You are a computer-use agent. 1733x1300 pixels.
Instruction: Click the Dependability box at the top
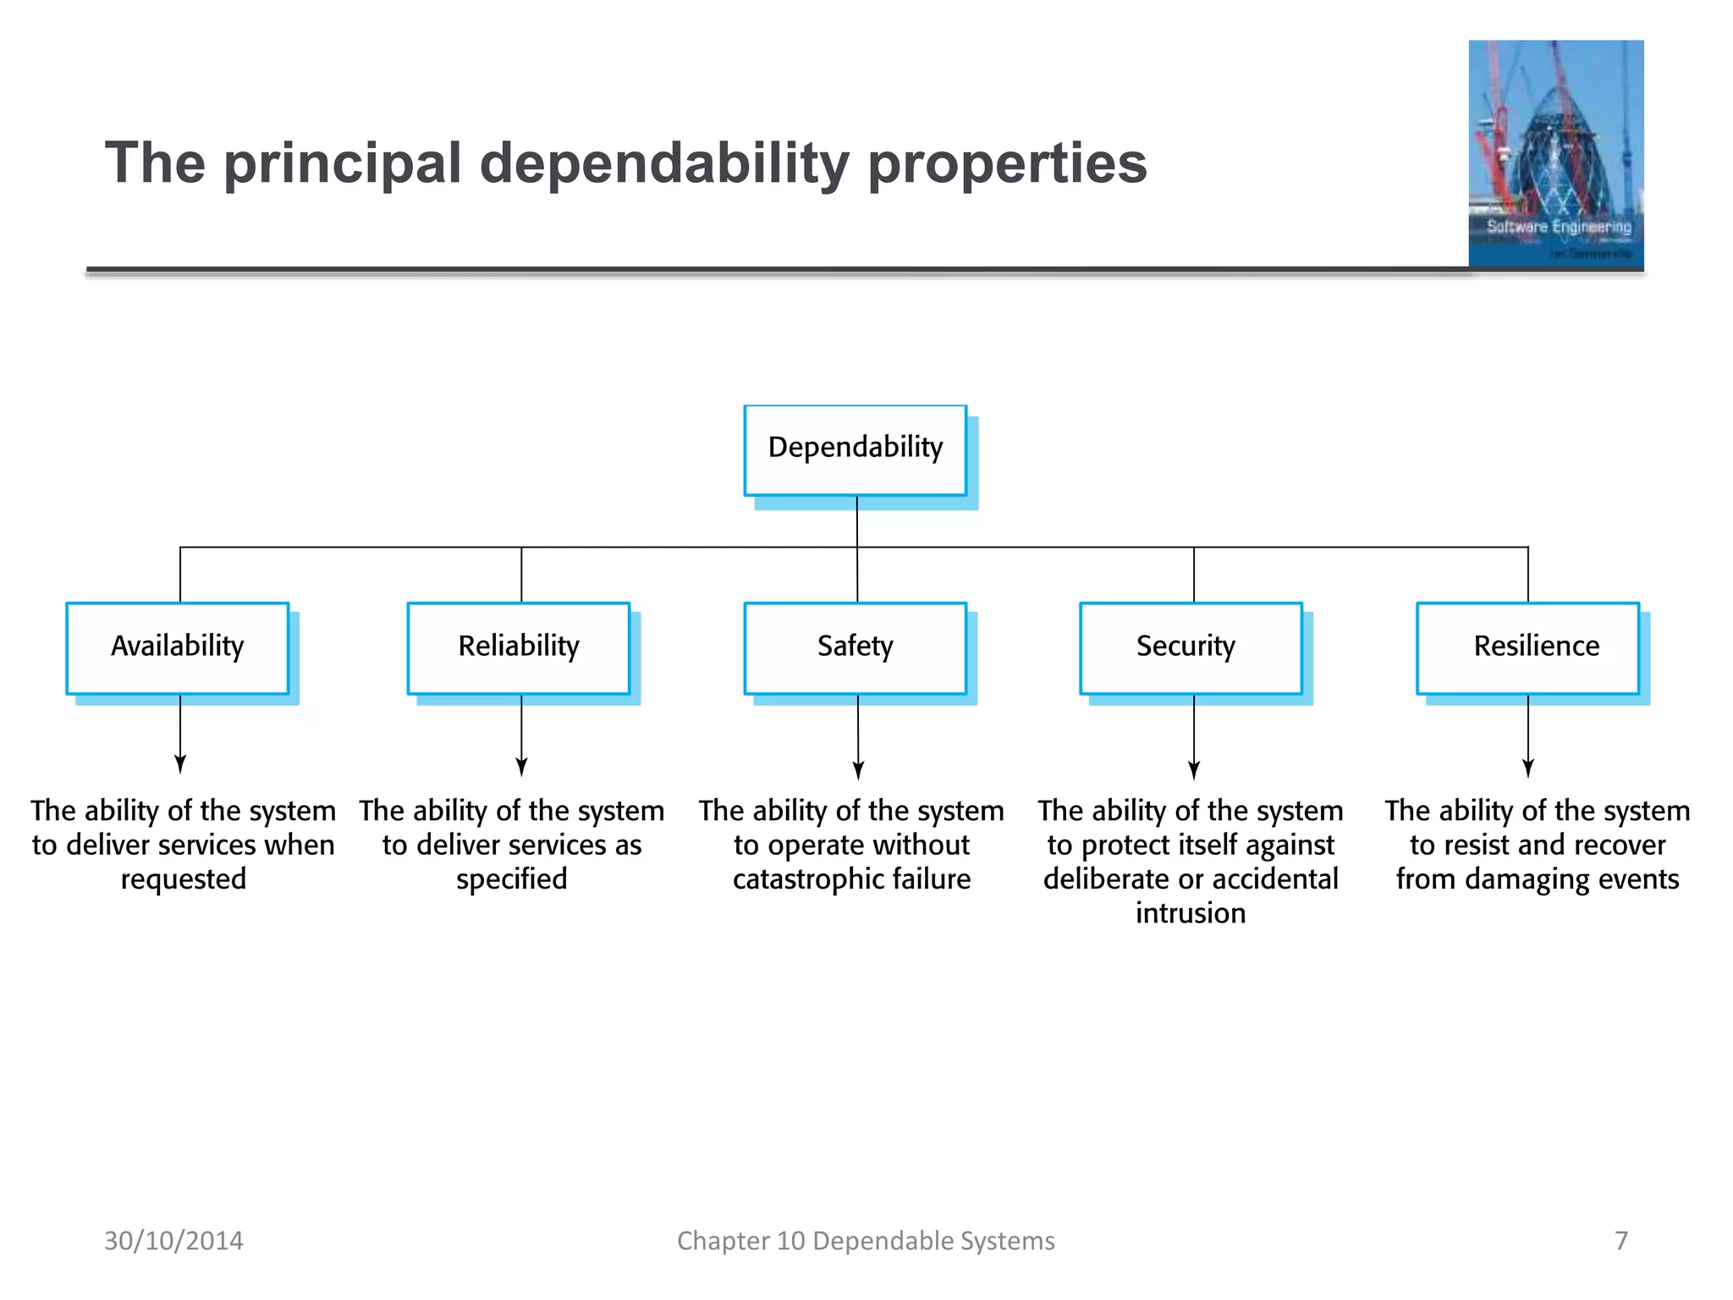click(x=855, y=449)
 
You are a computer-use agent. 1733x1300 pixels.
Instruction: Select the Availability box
click(x=178, y=647)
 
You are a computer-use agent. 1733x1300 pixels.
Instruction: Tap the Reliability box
click(x=519, y=647)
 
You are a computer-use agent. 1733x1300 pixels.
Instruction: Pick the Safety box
click(x=855, y=647)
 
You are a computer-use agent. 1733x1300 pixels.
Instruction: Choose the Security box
click(x=1191, y=647)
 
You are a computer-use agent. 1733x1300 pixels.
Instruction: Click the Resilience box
click(x=1527, y=647)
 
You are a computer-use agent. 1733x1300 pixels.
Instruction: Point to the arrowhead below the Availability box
click(x=180, y=764)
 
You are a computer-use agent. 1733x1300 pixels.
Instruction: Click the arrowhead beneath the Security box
click(x=1194, y=769)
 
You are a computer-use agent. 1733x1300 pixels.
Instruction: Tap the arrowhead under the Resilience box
click(x=1528, y=768)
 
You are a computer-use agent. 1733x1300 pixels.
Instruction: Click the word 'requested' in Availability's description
click(x=184, y=879)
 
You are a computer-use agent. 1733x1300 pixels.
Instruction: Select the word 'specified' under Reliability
click(x=512, y=879)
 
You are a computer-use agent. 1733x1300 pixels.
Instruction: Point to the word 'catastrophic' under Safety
click(x=807, y=879)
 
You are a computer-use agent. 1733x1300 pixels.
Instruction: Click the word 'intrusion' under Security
click(x=1191, y=913)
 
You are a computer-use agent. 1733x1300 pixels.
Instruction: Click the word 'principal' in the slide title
click(x=343, y=163)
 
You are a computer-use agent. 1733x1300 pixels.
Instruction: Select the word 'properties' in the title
click(x=1007, y=163)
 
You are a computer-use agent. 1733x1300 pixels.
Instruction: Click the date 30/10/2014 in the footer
click(x=173, y=1241)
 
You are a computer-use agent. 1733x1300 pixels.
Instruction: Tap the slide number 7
click(x=1621, y=1241)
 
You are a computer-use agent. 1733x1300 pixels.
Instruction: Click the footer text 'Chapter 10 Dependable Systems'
click(x=866, y=1241)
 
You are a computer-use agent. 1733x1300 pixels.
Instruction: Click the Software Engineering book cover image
click(x=1556, y=154)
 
